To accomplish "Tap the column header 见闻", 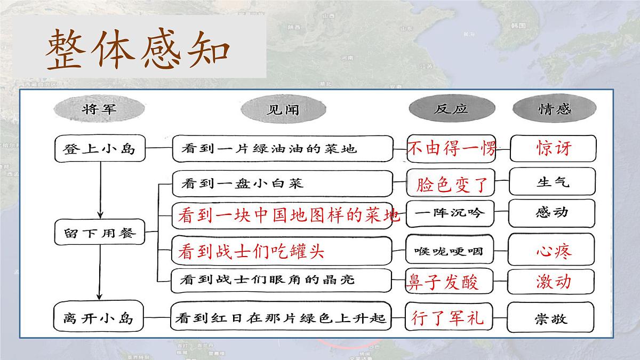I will [x=283, y=110].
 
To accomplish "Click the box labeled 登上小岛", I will [x=100, y=148].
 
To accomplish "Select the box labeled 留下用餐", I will [x=100, y=233].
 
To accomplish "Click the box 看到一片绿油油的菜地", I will [x=282, y=148].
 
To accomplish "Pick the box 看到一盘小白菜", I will [x=282, y=183].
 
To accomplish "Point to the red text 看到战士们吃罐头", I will [x=251, y=251].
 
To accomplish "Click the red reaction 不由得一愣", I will [x=451, y=148].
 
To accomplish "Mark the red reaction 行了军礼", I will [x=447, y=317].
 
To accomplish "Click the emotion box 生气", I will [x=552, y=182].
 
